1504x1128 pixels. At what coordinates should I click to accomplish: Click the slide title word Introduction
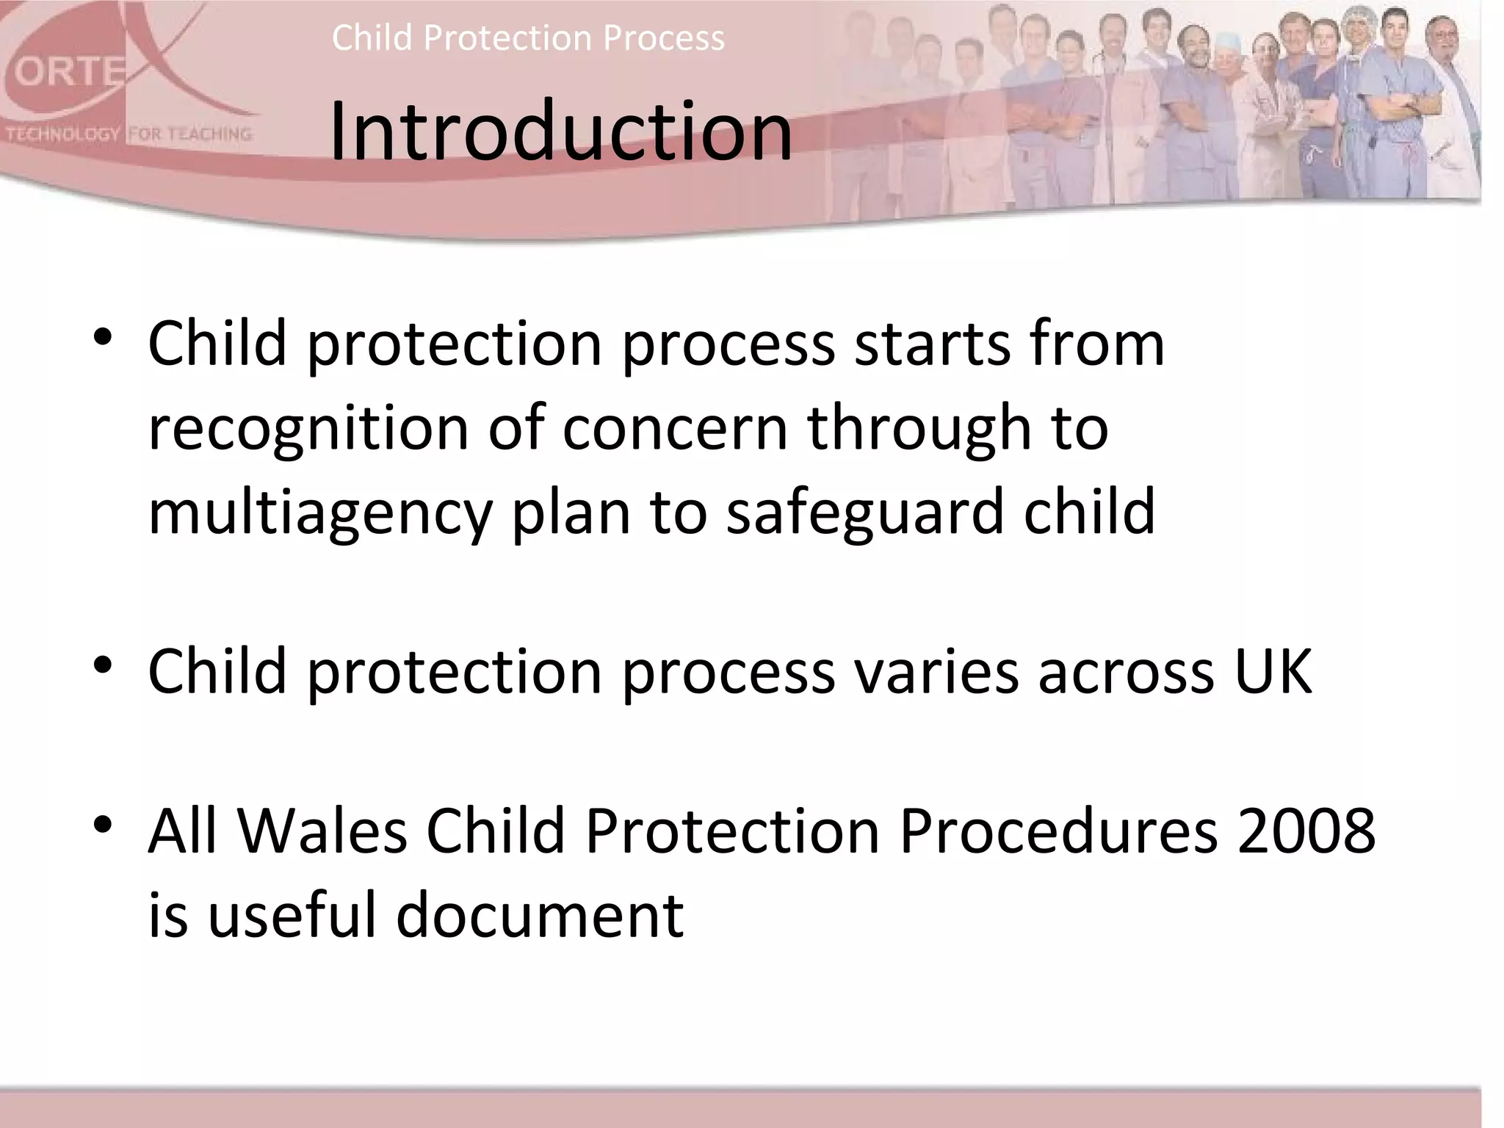[560, 132]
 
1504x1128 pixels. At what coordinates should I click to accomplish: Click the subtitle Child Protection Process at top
[528, 37]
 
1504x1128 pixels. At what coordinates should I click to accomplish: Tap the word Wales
[322, 831]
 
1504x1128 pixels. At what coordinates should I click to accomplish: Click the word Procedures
[1058, 831]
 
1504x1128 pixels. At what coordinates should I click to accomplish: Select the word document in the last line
[540, 915]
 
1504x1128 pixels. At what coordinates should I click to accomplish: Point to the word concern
[675, 428]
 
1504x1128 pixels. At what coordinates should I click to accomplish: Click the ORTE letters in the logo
[68, 73]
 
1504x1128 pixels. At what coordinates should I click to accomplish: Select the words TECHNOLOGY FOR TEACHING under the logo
[129, 134]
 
